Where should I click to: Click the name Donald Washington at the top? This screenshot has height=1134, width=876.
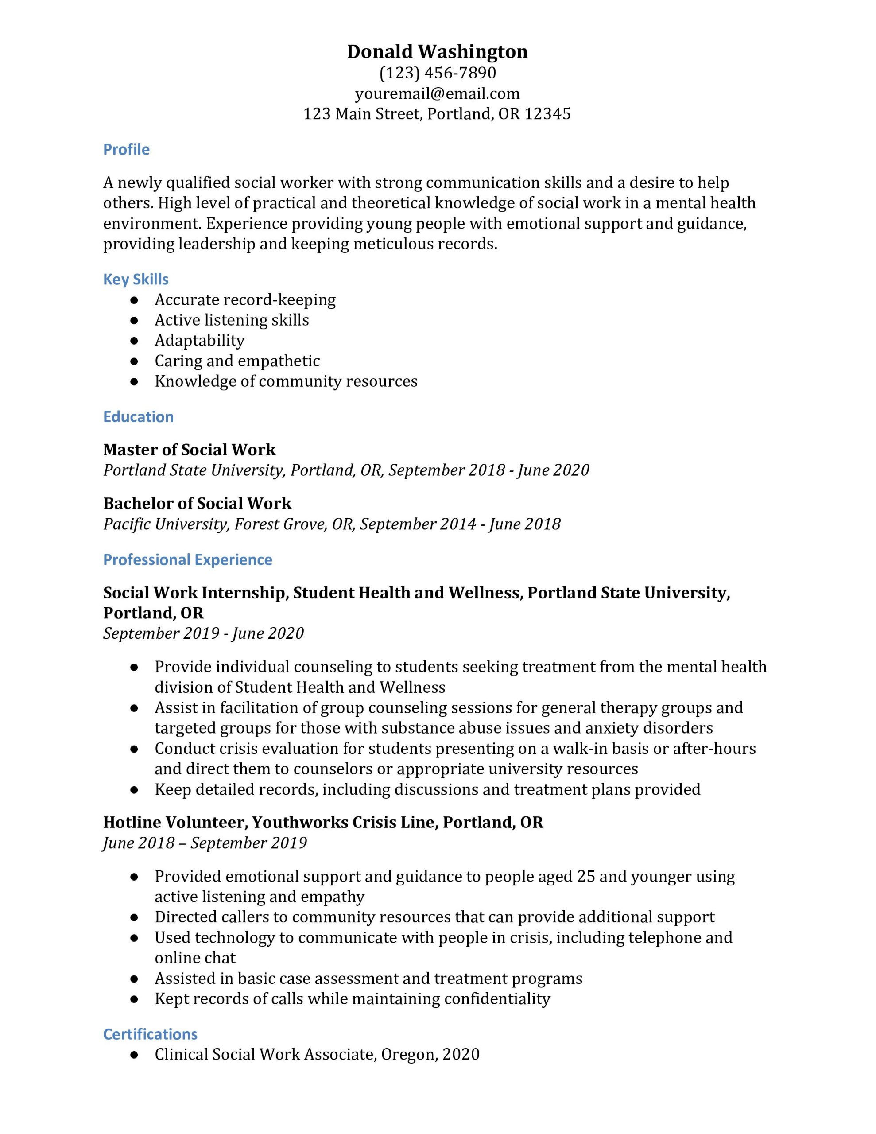click(x=437, y=51)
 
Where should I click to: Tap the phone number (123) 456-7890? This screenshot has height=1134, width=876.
click(x=437, y=73)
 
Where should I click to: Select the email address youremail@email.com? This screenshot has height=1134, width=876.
click(x=437, y=93)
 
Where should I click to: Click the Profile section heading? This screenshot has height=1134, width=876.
click(x=126, y=150)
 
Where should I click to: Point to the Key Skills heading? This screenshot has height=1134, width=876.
click(x=136, y=280)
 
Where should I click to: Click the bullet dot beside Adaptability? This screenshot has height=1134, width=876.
click(x=135, y=341)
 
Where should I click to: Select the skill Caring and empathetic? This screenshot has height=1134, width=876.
click(x=237, y=361)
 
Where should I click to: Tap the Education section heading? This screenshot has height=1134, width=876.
click(x=138, y=417)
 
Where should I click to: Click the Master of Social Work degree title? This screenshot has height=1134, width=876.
click(x=189, y=450)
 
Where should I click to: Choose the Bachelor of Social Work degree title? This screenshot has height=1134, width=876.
click(x=198, y=503)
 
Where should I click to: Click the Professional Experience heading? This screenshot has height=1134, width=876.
click(x=187, y=560)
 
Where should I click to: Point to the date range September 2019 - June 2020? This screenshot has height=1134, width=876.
click(x=203, y=633)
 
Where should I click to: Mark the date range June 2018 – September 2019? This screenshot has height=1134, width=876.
click(x=205, y=843)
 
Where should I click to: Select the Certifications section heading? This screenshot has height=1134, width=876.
click(x=150, y=1034)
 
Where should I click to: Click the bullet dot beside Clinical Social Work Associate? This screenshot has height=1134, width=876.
click(x=135, y=1055)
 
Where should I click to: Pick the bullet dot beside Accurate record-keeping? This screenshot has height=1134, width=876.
click(x=135, y=300)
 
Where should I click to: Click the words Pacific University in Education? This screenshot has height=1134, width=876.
click(x=166, y=524)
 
